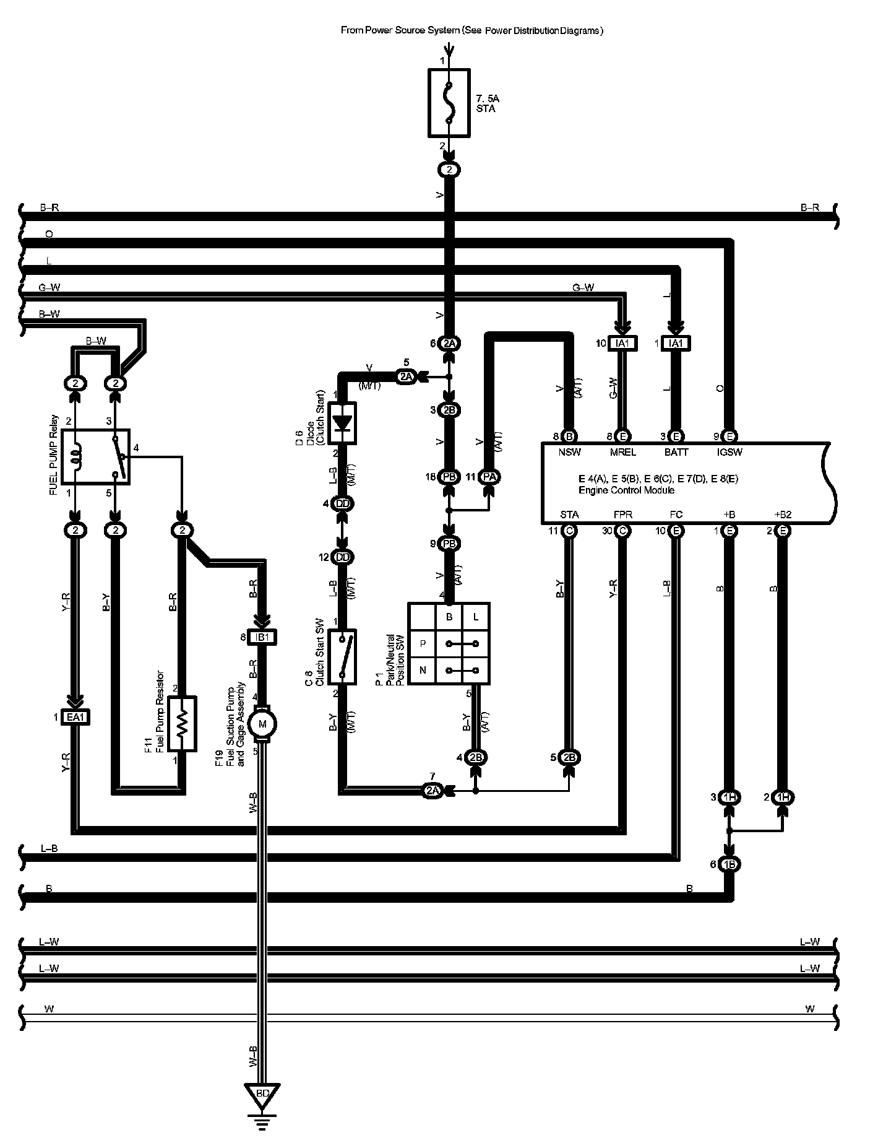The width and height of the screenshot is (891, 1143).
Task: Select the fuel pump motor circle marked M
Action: [x=262, y=724]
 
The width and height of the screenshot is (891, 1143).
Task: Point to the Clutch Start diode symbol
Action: [x=342, y=423]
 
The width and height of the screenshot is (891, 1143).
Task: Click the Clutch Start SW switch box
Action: [x=342, y=657]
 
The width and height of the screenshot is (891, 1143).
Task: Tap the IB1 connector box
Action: [x=262, y=637]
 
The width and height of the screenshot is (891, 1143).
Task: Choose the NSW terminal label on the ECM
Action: [x=569, y=452]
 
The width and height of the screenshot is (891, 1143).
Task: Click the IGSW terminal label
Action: [x=730, y=452]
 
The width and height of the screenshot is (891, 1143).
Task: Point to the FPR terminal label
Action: [x=622, y=515]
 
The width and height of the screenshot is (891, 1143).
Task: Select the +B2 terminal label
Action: [x=783, y=515]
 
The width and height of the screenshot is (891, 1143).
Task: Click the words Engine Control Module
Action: [x=626, y=490]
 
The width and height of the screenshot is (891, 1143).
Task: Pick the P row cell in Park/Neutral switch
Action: [x=423, y=644]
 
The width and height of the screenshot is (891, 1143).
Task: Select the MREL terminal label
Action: [x=622, y=452]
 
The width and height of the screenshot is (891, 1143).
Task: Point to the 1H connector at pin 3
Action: [x=730, y=797]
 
